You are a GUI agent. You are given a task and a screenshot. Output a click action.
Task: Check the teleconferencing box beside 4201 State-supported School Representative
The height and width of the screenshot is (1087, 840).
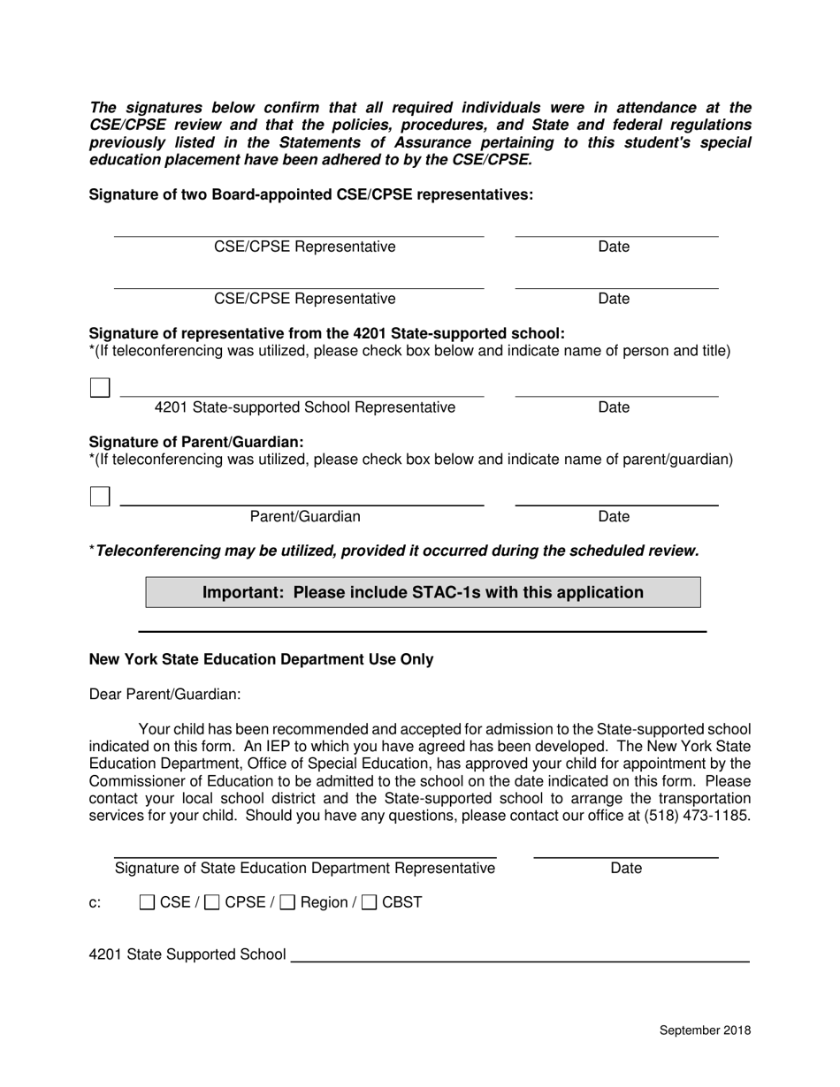point(100,388)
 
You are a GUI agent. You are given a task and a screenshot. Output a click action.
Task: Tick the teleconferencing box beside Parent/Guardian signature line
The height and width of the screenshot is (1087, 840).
point(100,497)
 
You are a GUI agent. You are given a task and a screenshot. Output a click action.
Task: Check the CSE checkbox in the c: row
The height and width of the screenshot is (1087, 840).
point(148,902)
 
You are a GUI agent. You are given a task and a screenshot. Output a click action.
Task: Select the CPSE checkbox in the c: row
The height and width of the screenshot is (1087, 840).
point(212,902)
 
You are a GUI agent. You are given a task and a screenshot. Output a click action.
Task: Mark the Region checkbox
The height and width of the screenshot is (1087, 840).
point(287,902)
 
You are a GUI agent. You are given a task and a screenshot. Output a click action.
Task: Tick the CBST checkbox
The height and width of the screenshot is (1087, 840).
point(370,902)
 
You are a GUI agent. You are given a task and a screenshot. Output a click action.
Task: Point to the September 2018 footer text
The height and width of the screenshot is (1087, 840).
point(705,1030)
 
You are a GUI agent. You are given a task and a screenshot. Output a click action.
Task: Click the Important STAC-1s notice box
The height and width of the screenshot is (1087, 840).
point(423,592)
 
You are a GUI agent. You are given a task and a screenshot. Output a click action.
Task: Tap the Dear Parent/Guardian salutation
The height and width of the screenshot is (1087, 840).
point(164,695)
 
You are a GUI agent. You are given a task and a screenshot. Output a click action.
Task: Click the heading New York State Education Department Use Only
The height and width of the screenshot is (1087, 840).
point(261,659)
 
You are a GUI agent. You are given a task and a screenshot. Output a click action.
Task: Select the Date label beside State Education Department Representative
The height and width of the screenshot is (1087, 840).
point(626,869)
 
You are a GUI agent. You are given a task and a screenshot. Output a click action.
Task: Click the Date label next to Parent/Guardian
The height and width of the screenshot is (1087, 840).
point(614,516)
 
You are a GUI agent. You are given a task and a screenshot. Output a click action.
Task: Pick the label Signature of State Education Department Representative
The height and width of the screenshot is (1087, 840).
point(305,869)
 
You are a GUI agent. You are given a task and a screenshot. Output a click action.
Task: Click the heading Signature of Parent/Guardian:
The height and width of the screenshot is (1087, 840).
point(196,441)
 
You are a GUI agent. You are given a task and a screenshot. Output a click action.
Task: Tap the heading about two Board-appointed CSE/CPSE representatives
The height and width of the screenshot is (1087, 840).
point(310,194)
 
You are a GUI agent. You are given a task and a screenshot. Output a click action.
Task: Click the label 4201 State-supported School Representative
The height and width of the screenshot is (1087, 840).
point(305,407)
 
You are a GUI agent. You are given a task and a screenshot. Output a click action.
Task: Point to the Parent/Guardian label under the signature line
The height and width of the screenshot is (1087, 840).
point(305,516)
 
